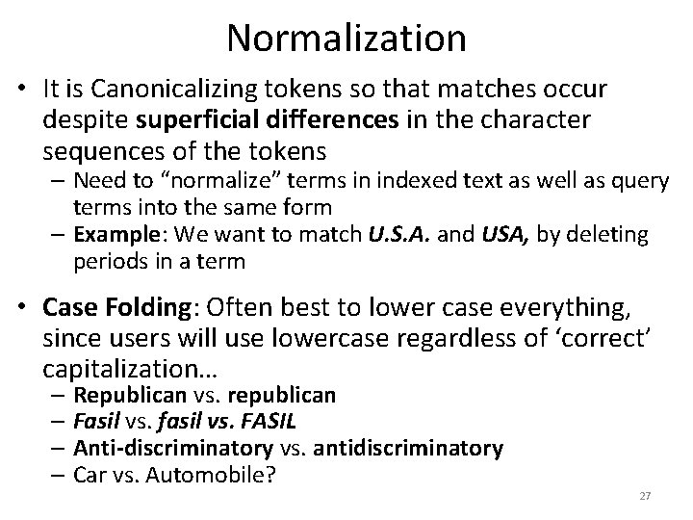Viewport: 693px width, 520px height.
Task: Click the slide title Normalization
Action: click(x=346, y=38)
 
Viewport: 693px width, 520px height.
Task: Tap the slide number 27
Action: click(x=646, y=496)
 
